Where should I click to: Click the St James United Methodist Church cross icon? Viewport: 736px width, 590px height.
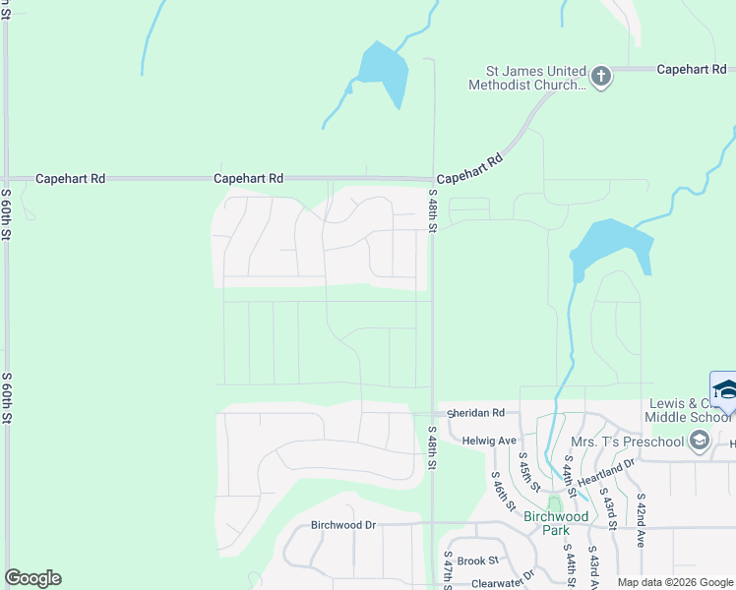pyautogui.click(x=601, y=77)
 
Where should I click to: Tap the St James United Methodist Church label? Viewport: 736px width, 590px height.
pyautogui.click(x=536, y=78)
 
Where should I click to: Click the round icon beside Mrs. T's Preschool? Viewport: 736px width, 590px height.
pyautogui.click(x=700, y=440)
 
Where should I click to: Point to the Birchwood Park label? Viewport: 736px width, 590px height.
pyautogui.click(x=555, y=523)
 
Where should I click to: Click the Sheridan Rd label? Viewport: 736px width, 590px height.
pyautogui.click(x=475, y=413)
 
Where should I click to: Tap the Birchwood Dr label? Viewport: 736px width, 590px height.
pyautogui.click(x=343, y=525)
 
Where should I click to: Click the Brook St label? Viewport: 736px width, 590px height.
pyautogui.click(x=478, y=560)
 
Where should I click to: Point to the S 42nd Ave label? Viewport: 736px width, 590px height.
pyautogui.click(x=640, y=520)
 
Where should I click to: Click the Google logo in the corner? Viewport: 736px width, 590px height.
pyautogui.click(x=32, y=578)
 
